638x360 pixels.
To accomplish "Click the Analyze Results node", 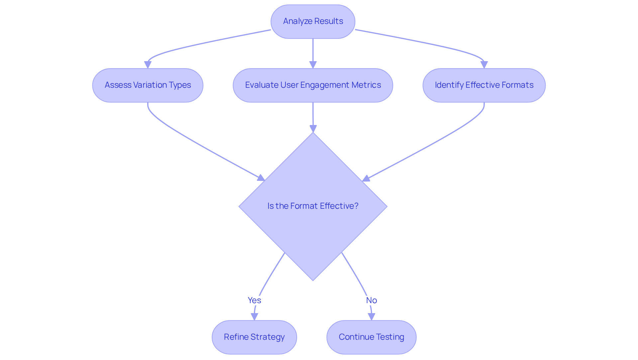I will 313,21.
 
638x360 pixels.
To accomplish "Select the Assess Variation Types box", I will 148,85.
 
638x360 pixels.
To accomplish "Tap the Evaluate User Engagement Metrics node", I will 313,85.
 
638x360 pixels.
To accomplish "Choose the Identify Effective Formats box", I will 484,85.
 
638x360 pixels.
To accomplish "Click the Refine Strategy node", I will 254,337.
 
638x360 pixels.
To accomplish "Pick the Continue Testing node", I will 371,337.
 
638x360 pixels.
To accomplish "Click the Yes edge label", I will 254,300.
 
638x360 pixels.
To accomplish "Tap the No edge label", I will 371,300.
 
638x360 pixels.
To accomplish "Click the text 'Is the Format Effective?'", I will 313,206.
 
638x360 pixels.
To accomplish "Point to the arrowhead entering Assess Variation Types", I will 148,64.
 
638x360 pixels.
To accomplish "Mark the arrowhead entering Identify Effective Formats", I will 484,64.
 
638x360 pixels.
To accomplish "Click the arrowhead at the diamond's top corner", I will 313,128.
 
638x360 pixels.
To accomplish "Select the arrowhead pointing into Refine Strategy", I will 255,316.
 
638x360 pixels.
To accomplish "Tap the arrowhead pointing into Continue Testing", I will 372,316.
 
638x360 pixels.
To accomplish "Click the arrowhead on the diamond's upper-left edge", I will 261,178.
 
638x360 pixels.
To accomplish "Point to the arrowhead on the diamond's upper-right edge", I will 366,179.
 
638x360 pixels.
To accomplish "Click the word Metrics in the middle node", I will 366,85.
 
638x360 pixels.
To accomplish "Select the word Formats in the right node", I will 518,85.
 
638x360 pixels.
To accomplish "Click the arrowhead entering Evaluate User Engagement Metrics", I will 313,64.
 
